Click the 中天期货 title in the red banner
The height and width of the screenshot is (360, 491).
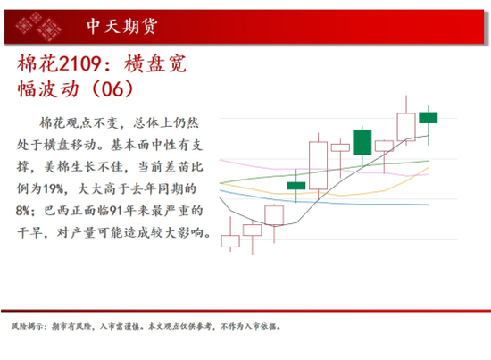point(121,26)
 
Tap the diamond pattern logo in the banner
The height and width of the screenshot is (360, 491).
point(38,26)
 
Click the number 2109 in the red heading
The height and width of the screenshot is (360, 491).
point(79,63)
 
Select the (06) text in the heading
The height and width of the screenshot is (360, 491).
point(112,88)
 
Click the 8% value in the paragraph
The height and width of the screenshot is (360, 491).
point(22,211)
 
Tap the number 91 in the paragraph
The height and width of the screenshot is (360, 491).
point(115,211)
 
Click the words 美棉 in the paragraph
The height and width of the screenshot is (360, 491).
point(56,167)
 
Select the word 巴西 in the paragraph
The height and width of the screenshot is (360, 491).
point(56,211)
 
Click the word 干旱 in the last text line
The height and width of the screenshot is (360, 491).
point(29,232)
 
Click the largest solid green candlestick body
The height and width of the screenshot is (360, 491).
point(362,142)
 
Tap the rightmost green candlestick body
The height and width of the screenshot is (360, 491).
point(429,118)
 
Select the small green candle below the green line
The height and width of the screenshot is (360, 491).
point(296,186)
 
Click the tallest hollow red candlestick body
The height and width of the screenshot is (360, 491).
point(318,165)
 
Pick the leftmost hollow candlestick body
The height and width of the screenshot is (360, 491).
point(230,241)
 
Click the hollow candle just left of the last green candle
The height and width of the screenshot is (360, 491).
point(406,127)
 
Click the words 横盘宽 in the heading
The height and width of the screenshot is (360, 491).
point(155,63)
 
